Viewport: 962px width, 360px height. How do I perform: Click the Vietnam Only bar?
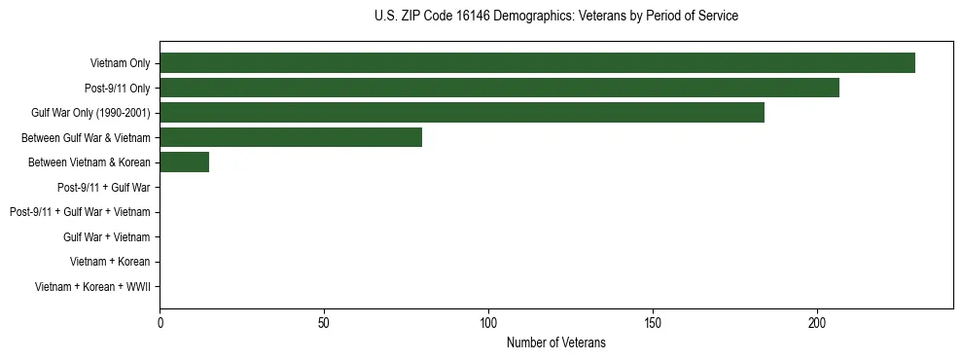coord(537,63)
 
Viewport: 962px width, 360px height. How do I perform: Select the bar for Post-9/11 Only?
coord(499,88)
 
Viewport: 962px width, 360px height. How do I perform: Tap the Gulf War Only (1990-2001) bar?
coord(462,113)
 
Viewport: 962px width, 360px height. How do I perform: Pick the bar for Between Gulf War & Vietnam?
coord(291,137)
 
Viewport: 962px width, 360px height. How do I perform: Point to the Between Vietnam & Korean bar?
coord(184,162)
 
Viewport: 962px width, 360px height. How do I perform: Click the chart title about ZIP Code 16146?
coord(555,17)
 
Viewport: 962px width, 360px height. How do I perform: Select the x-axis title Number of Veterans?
coord(555,342)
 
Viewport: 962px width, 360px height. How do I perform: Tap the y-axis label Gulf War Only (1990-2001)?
coord(90,113)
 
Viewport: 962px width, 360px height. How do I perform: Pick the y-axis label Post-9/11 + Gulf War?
coord(103,187)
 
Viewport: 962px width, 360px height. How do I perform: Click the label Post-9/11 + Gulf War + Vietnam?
coord(80,212)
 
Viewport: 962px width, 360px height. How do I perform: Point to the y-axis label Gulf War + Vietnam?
coord(106,236)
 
